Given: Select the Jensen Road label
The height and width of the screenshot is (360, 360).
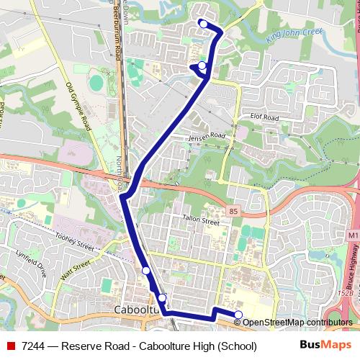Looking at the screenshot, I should tap(207, 136).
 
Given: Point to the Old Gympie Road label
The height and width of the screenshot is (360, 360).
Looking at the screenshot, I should tap(80, 105).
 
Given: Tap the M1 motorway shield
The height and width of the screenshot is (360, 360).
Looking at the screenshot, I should tap(352, 235).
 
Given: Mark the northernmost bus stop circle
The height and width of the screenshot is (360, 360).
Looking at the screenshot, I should tap(203, 24).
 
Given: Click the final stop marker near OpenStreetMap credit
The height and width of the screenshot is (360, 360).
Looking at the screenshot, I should tap(239, 314).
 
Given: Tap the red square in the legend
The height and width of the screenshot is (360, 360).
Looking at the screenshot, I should tap(10, 346).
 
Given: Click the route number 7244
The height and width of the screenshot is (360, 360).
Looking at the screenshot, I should tap(35, 346).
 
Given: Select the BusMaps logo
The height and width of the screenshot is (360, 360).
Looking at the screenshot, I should tap(320, 346).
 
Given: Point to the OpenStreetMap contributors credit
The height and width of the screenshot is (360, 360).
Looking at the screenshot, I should tap(298, 323).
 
